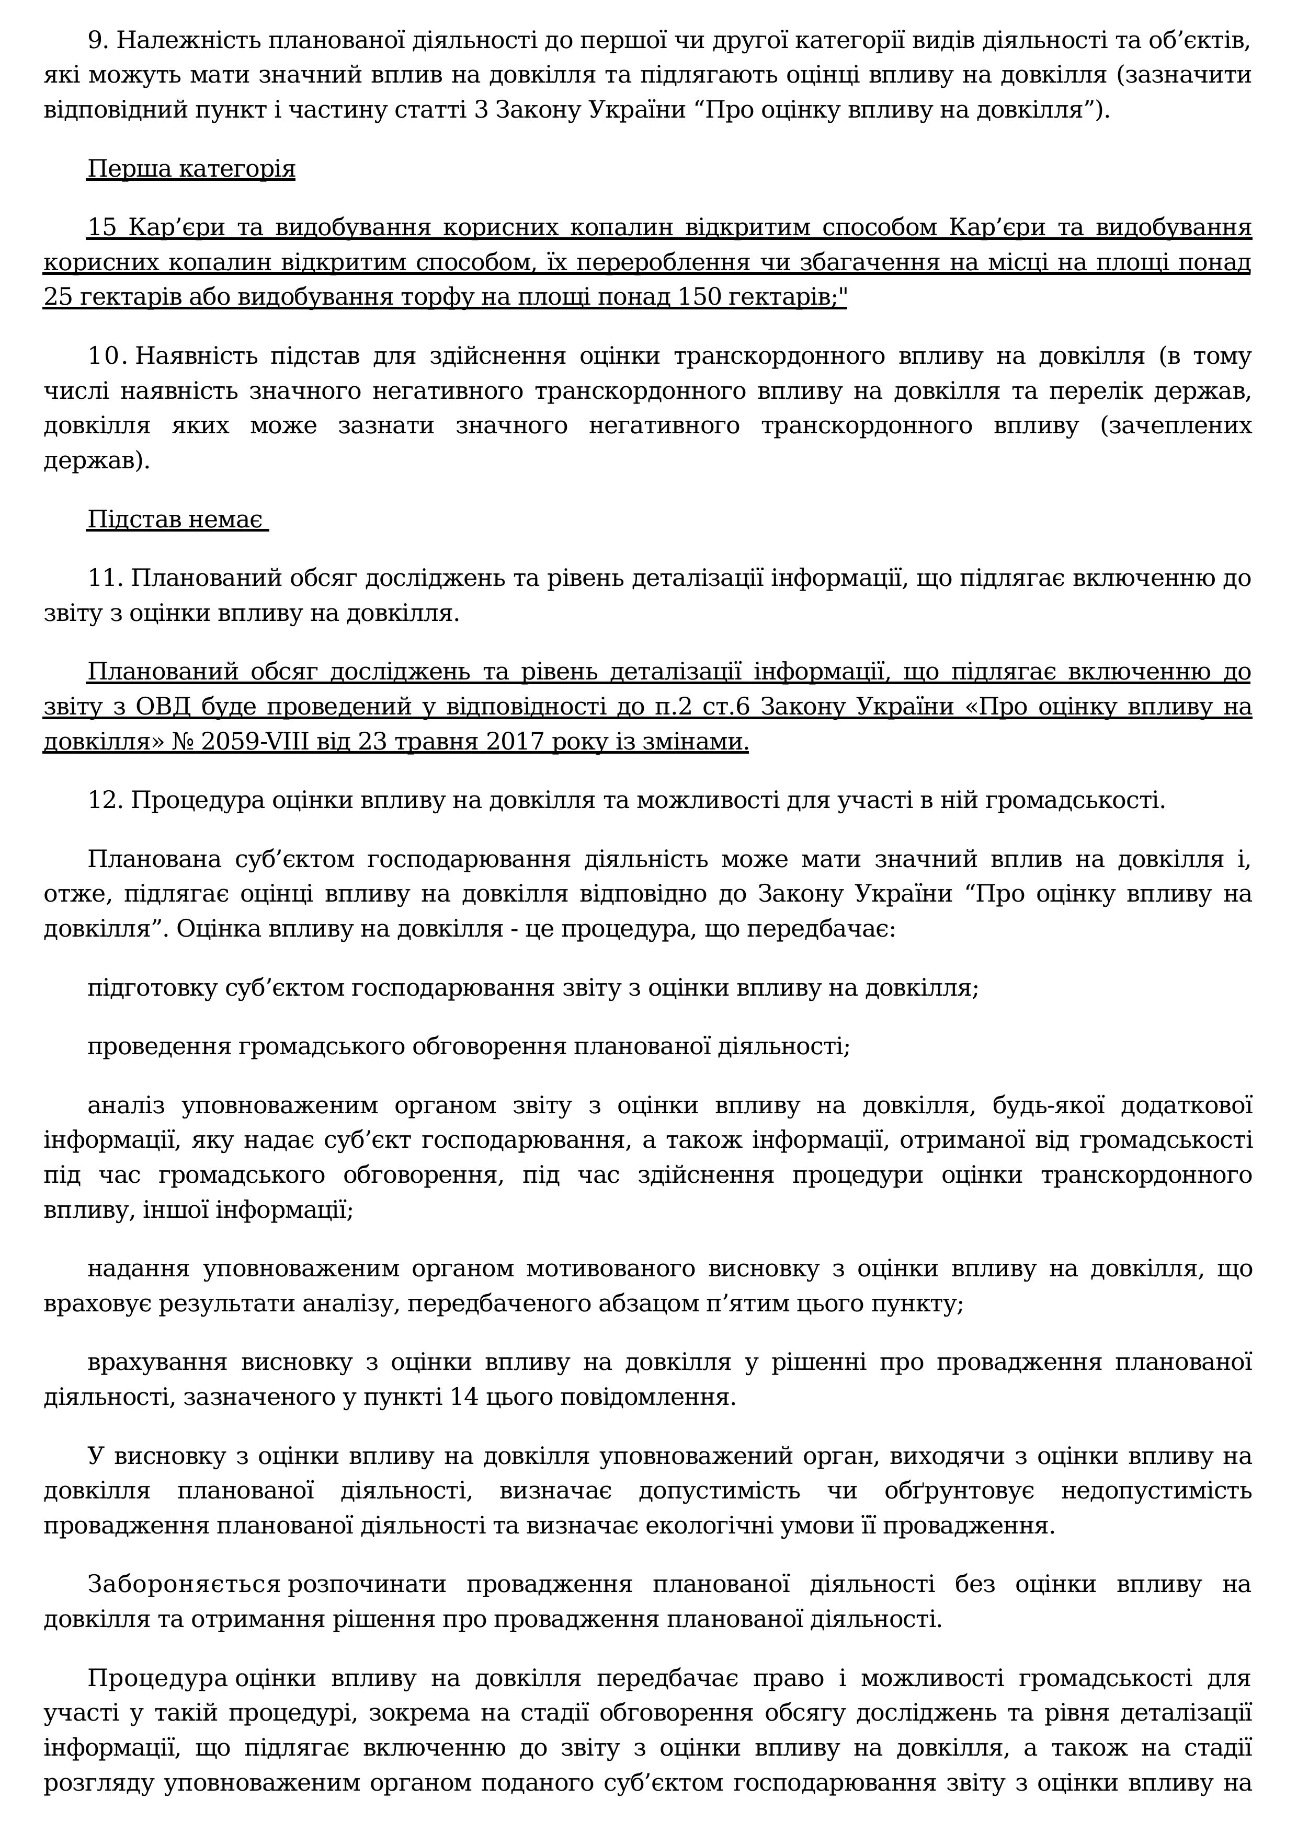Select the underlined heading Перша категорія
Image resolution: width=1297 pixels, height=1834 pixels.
point(191,169)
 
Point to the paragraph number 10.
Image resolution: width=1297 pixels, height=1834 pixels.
point(106,356)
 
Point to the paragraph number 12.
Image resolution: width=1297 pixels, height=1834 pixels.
point(104,800)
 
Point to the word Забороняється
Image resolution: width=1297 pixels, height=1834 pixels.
point(184,1585)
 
